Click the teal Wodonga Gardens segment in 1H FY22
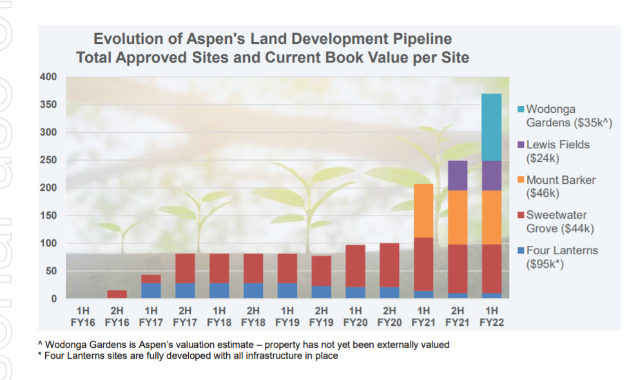[491, 127]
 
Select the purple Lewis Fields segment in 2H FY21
[458, 175]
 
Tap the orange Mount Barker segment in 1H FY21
[423, 210]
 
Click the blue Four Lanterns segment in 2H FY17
[185, 290]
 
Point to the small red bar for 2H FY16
[117, 294]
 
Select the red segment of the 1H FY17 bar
[151, 279]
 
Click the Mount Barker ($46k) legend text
[560, 186]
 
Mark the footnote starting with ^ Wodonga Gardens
[244, 345]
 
